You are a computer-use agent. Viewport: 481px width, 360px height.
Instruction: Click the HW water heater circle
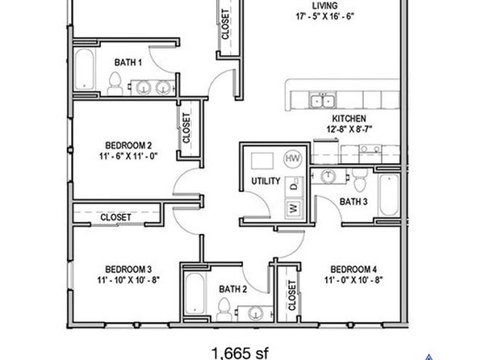tap(293, 159)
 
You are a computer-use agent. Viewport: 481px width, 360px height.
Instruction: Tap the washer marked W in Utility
tap(294, 209)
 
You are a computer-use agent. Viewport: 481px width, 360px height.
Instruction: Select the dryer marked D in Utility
tap(294, 186)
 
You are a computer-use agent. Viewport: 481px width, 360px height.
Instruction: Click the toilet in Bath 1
tap(115, 83)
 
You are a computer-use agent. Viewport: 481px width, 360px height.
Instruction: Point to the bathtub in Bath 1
tap(85, 69)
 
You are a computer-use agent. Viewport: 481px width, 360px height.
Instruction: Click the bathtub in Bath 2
tap(194, 293)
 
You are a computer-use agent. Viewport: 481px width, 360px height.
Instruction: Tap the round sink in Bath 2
tap(255, 313)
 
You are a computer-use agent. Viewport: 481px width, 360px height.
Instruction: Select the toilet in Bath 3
tap(359, 180)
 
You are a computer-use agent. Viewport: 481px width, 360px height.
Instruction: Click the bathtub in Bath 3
tap(389, 195)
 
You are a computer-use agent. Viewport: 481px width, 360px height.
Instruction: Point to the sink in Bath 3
tap(328, 176)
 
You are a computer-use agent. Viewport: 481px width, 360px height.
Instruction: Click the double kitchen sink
tap(322, 101)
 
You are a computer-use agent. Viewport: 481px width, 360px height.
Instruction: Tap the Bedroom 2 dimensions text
tap(128, 157)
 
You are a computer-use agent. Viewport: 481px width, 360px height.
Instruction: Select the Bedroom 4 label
tap(353, 270)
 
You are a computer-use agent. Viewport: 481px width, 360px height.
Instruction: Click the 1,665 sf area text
tap(240, 353)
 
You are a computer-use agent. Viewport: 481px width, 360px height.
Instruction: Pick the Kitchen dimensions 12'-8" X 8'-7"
tap(349, 129)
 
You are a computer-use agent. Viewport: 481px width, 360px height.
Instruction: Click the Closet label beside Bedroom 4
tap(292, 295)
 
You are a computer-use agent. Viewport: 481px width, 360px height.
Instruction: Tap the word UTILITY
tap(266, 181)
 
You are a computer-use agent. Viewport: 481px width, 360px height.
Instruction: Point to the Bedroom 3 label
tap(128, 270)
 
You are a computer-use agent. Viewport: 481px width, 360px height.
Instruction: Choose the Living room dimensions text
tap(325, 16)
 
